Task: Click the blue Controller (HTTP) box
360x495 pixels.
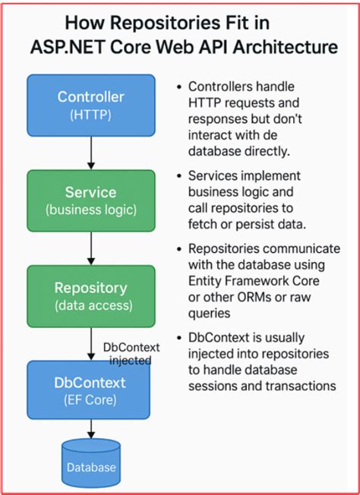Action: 91,105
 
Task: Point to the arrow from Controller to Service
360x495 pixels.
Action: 91,154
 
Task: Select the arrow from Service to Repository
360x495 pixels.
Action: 91,250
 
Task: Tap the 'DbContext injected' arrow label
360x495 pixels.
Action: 131,353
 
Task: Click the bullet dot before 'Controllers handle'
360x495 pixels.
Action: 178,87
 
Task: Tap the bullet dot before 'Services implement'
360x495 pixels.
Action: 178,176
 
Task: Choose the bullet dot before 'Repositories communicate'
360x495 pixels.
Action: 178,249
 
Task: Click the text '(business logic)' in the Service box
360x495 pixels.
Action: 91,210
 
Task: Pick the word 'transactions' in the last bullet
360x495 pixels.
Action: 301,386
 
